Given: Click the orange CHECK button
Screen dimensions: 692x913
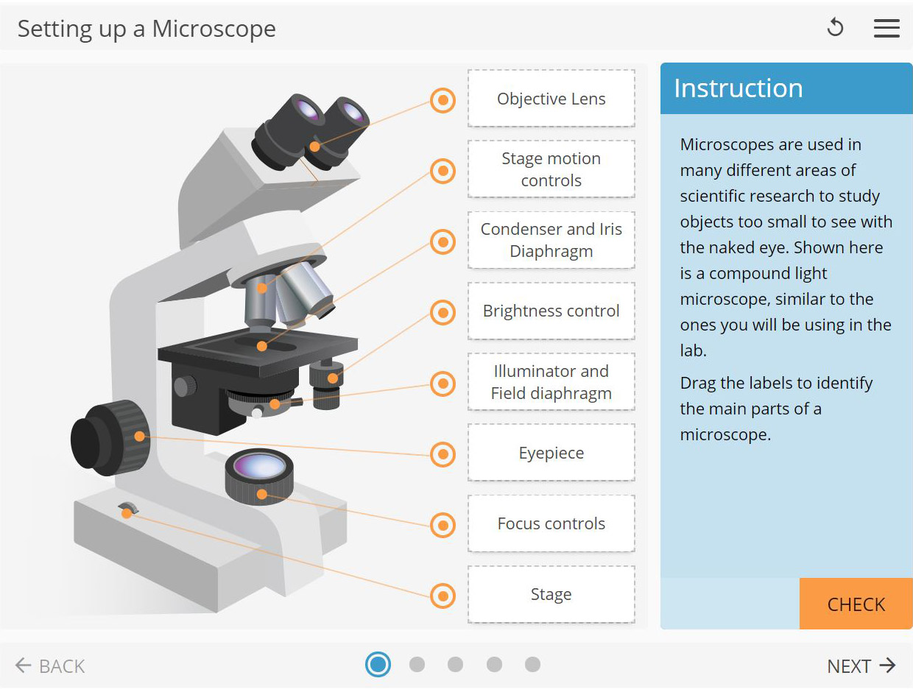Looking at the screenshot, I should coord(856,604).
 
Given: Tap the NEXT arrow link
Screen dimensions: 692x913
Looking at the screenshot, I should coord(861,666).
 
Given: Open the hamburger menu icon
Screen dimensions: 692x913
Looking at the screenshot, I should coord(886,28).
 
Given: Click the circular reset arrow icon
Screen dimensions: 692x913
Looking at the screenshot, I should coord(835,28).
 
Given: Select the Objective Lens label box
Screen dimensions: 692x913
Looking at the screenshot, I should coord(551,99).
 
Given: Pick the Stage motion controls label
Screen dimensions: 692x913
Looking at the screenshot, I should coord(551,169).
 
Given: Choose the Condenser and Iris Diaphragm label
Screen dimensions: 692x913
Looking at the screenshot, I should coord(551,240).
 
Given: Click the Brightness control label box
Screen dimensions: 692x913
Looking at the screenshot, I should coord(551,311).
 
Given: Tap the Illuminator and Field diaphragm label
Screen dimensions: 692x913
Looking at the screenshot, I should coord(551,382).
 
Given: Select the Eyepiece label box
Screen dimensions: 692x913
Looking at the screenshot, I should coord(551,453).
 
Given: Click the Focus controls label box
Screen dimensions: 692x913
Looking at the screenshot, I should coord(551,523).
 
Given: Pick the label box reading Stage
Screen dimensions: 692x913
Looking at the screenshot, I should coord(551,594).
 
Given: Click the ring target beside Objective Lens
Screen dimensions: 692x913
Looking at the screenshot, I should coord(443,100).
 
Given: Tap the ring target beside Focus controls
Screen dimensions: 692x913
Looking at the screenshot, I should coord(443,525).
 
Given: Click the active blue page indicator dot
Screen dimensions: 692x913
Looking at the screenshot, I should coord(378,665).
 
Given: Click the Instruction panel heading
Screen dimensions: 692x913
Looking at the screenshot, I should coord(738,88).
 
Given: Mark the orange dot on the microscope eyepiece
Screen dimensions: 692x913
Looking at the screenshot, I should coord(314,146).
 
